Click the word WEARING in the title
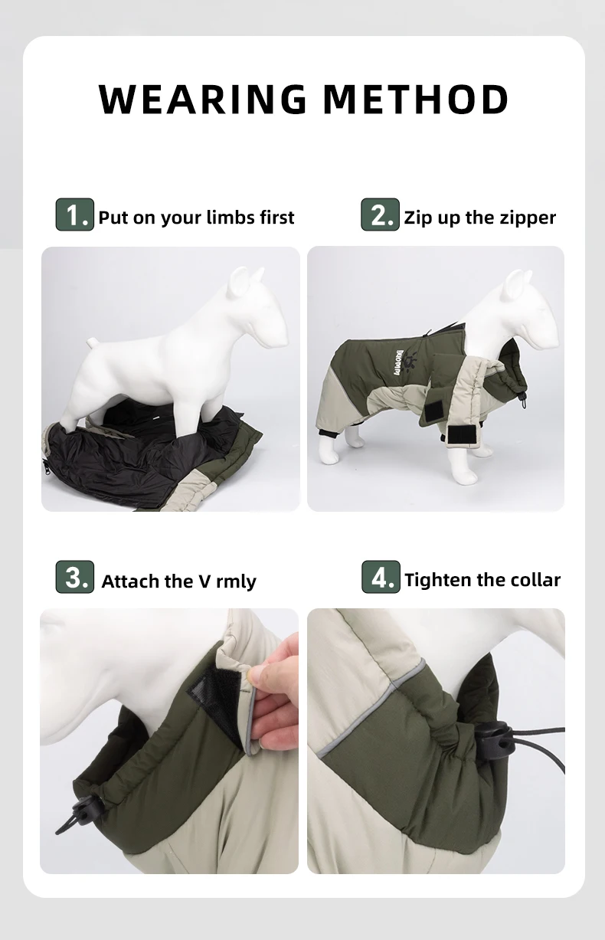pyautogui.click(x=203, y=99)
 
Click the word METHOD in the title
pyautogui.click(x=416, y=99)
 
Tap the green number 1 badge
pyautogui.click(x=75, y=215)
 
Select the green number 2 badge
pyautogui.click(x=380, y=215)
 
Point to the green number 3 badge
pyautogui.click(x=75, y=577)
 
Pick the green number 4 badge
pyautogui.click(x=381, y=577)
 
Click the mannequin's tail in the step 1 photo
pyautogui.click(x=93, y=344)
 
